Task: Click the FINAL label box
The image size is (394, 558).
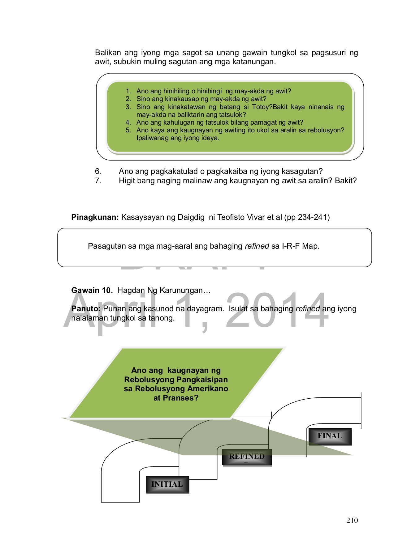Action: (330, 436)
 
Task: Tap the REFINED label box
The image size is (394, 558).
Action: (247, 457)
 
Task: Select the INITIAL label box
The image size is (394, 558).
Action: (167, 485)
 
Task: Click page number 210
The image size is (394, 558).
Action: (352, 520)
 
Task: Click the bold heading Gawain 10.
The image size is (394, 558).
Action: (92, 290)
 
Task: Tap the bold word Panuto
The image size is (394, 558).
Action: (86, 309)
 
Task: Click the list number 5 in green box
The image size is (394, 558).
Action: (128, 130)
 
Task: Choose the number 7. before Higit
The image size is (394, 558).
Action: (98, 181)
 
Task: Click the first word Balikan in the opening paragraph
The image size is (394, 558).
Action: (108, 53)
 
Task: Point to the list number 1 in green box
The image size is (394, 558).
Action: (128, 91)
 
